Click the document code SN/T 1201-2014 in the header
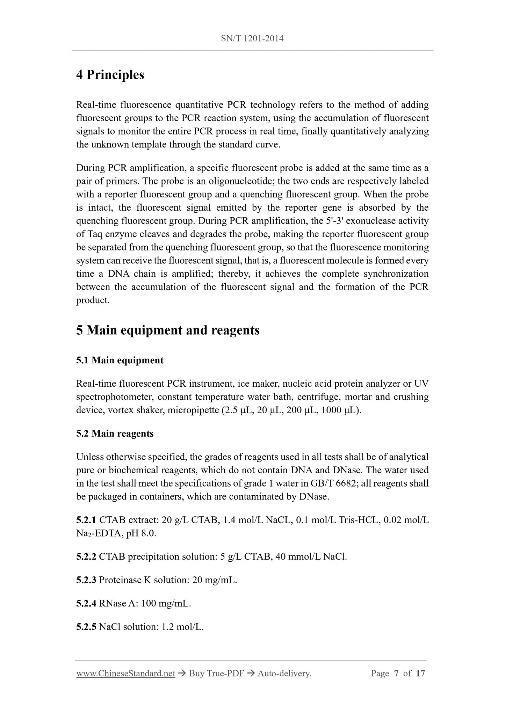252,38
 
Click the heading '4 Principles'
110,74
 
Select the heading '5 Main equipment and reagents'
168,330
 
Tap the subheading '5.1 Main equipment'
120,360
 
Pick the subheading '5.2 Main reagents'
115,433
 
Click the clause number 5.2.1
86,520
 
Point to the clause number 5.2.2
86,556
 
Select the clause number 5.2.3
86,580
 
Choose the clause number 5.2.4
86,603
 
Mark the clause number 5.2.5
86,627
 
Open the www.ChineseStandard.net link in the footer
125,673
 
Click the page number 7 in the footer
396,673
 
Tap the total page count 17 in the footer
420,673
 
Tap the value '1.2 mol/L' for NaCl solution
182,627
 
